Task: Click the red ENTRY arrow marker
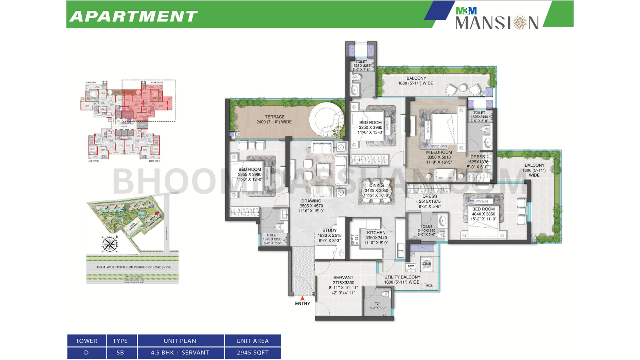point(302,298)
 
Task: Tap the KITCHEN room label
point(376,232)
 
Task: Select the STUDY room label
point(330,230)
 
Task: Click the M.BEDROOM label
point(439,152)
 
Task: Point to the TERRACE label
point(275,117)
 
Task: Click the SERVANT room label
point(343,277)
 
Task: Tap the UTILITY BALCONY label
point(402,277)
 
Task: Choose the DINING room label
point(376,186)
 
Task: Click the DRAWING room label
point(311,201)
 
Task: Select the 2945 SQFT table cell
point(252,352)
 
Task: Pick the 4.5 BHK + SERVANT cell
point(180,352)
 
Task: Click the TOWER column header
point(86,341)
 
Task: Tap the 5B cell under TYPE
point(120,352)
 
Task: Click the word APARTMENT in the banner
point(134,16)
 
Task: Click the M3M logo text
point(466,11)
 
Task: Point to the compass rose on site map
point(109,244)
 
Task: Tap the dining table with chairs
point(376,191)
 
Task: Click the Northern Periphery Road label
point(134,267)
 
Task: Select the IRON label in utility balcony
point(429,286)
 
